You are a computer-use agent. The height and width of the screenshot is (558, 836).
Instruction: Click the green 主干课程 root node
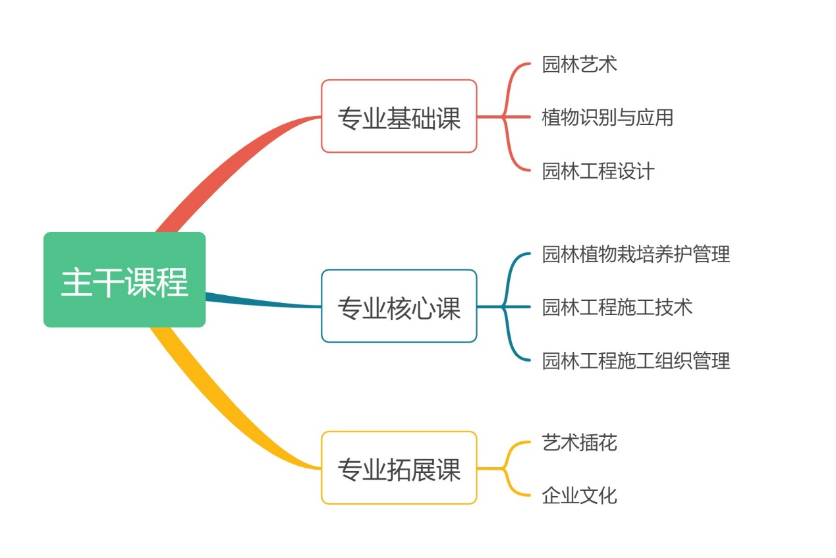pyautogui.click(x=125, y=279)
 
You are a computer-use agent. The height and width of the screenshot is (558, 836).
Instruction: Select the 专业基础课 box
pyautogui.click(x=399, y=117)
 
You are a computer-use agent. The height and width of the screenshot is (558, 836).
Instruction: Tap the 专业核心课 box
pyautogui.click(x=399, y=306)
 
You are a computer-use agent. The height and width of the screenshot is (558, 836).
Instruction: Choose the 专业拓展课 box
pyautogui.click(x=399, y=468)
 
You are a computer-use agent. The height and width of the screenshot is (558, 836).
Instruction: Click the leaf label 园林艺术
pyautogui.click(x=579, y=64)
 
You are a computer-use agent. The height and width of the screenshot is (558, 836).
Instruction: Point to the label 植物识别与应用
pyautogui.click(x=607, y=117)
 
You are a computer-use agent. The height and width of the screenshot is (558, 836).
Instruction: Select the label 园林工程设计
pyautogui.click(x=598, y=171)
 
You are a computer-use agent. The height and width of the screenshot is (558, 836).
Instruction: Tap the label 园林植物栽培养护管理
pyautogui.click(x=636, y=254)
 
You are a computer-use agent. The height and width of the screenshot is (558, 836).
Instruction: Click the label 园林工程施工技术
pyautogui.click(x=617, y=307)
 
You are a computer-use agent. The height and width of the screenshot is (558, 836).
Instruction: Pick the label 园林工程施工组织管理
pyautogui.click(x=636, y=361)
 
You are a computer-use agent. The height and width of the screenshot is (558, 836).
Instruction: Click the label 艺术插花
pyautogui.click(x=579, y=442)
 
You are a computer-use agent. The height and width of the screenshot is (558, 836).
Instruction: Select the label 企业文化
pyautogui.click(x=579, y=495)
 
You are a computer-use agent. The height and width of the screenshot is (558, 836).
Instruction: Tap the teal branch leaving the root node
pyautogui.click(x=264, y=302)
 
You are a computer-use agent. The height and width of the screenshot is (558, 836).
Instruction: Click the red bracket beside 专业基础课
pyautogui.click(x=506, y=117)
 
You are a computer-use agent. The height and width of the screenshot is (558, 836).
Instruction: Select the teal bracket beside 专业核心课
pyautogui.click(x=506, y=306)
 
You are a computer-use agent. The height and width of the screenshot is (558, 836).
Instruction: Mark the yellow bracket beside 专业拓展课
pyautogui.click(x=506, y=468)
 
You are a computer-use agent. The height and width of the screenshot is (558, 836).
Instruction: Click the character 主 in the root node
pyautogui.click(x=76, y=281)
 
